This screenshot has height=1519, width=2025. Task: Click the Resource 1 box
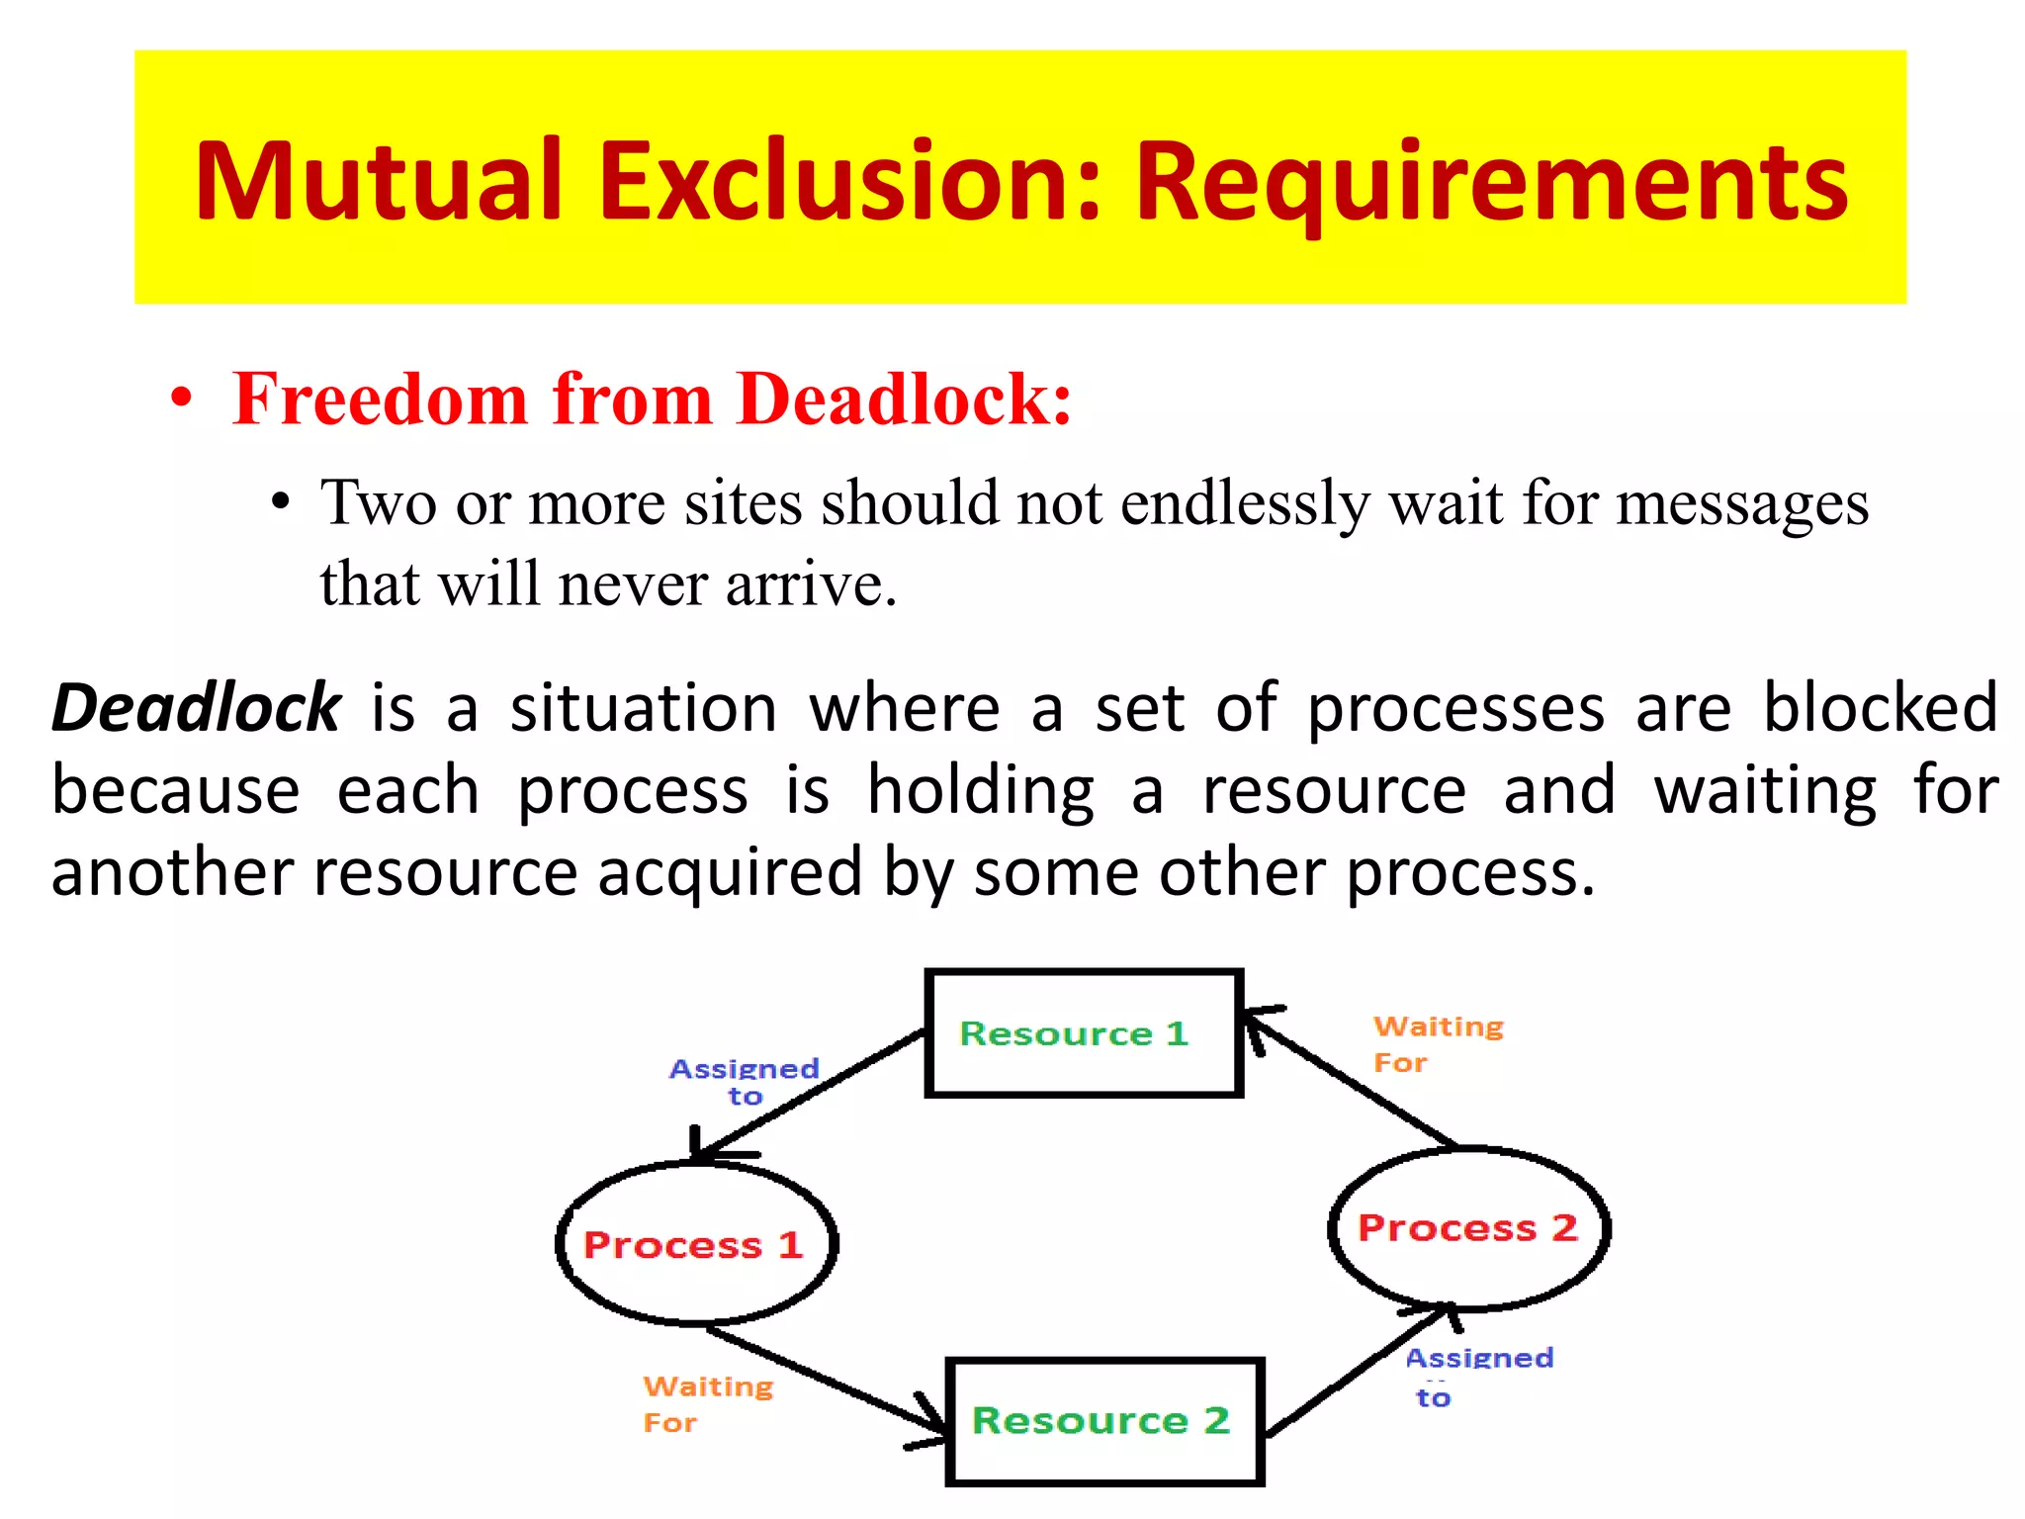pos(1083,1033)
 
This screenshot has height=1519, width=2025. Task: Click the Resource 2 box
pos(1103,1421)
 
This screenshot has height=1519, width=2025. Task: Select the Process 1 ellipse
pos(696,1244)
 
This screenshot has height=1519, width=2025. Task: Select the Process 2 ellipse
pos(1467,1228)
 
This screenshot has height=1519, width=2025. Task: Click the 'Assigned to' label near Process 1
pos(745,1081)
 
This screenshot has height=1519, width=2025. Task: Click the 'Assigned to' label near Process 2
pos(1477,1376)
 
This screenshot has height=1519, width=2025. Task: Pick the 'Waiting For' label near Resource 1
pos(1436,1043)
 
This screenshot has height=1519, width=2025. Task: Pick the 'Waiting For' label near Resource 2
pos(706,1403)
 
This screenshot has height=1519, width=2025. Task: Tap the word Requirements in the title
pos(1491,183)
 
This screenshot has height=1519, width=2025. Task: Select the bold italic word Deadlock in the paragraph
pos(196,708)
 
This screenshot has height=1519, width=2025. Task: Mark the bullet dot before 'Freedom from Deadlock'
pos(181,400)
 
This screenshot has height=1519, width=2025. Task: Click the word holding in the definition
pos(981,791)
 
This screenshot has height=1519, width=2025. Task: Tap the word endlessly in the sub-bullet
pos(1245,503)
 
